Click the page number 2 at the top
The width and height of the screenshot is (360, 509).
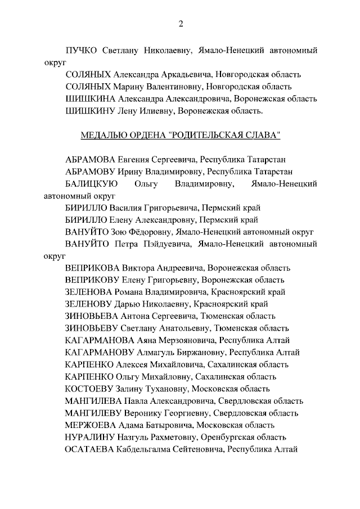click(180, 23)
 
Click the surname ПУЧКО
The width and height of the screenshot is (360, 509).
click(82, 50)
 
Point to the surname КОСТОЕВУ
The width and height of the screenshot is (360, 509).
click(89, 388)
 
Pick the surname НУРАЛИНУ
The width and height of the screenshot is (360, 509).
click(90, 436)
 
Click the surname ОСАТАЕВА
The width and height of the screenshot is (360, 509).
click(90, 449)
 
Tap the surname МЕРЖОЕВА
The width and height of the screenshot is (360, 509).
click(91, 425)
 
